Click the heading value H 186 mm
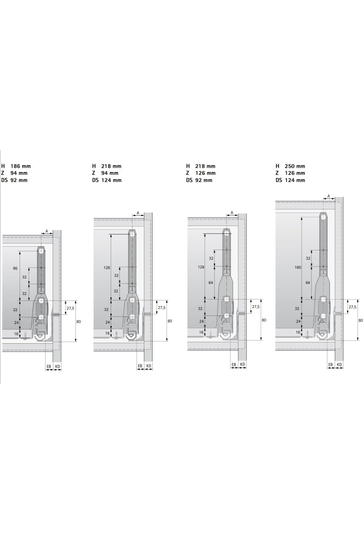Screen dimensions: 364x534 pos(16,166)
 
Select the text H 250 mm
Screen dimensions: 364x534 pos(290,166)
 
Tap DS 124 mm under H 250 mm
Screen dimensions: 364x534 pos(290,180)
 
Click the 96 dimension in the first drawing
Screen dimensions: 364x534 pos(15,268)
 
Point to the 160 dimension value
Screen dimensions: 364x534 pos(298,267)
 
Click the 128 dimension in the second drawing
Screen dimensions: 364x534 pos(107,268)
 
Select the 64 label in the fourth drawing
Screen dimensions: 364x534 pos(308,282)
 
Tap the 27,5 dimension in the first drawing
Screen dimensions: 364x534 pos(70,308)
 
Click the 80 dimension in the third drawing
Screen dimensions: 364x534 pos(264,320)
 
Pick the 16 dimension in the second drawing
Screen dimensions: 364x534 pos(107,333)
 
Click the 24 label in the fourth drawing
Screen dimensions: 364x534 pos(298,321)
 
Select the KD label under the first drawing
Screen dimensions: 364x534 pos(58,367)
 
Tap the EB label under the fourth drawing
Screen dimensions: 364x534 pos(331,365)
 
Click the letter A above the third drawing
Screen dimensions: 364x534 pos(232,213)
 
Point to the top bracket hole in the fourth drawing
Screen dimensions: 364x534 pos(324,217)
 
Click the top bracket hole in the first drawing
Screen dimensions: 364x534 pos(41,252)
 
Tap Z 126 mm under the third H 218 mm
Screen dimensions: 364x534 pos(201,173)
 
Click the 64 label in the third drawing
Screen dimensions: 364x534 pos(211,282)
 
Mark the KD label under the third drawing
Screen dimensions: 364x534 pos(242,364)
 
